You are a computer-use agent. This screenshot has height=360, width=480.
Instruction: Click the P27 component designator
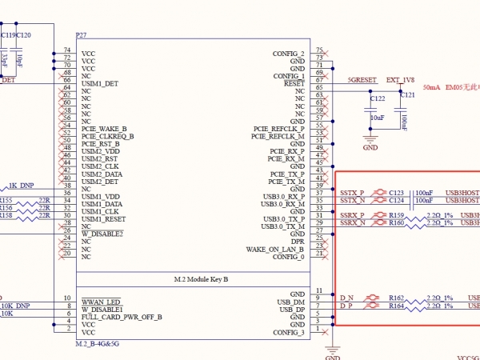pyautogui.click(x=81, y=36)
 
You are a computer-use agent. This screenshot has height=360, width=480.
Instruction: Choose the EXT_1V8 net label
pyautogui.click(x=401, y=81)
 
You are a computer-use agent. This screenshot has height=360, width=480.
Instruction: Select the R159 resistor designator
pyautogui.click(x=397, y=215)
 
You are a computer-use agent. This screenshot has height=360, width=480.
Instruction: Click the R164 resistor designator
pyautogui.click(x=397, y=306)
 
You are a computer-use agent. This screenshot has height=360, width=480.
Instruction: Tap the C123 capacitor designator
pyautogui.click(x=397, y=193)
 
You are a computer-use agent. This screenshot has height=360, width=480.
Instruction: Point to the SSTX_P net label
pyautogui.click(x=351, y=193)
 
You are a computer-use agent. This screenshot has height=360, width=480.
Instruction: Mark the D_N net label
pyautogui.click(x=346, y=298)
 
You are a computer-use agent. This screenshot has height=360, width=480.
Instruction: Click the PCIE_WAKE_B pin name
pyautogui.click(x=104, y=129)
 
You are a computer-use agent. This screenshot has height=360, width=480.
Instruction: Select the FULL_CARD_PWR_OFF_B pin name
pyautogui.click(x=122, y=317)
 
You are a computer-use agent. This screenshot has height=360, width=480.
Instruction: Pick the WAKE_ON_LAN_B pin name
pyautogui.click(x=275, y=249)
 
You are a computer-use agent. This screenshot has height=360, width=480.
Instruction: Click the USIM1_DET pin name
pyautogui.click(x=100, y=83)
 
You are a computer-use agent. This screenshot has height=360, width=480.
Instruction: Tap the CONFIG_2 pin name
pyautogui.click(x=288, y=54)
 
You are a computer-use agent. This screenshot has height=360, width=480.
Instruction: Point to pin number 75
pyautogui.click(x=319, y=50)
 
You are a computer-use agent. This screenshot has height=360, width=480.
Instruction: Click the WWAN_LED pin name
pyautogui.click(x=99, y=302)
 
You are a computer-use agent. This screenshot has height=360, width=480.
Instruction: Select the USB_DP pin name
pyautogui.click(x=290, y=309)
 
